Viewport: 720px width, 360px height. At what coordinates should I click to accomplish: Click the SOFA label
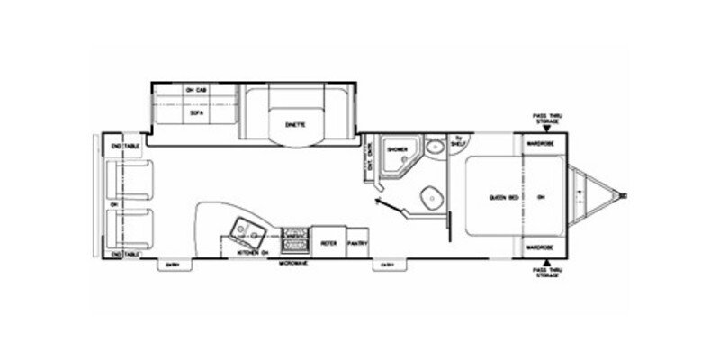coord(190,115)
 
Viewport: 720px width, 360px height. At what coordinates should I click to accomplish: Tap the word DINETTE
coord(298,123)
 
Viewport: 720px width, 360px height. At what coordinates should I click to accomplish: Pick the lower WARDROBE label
coord(539,247)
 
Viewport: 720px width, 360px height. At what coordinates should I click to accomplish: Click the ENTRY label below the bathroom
coord(387,264)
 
